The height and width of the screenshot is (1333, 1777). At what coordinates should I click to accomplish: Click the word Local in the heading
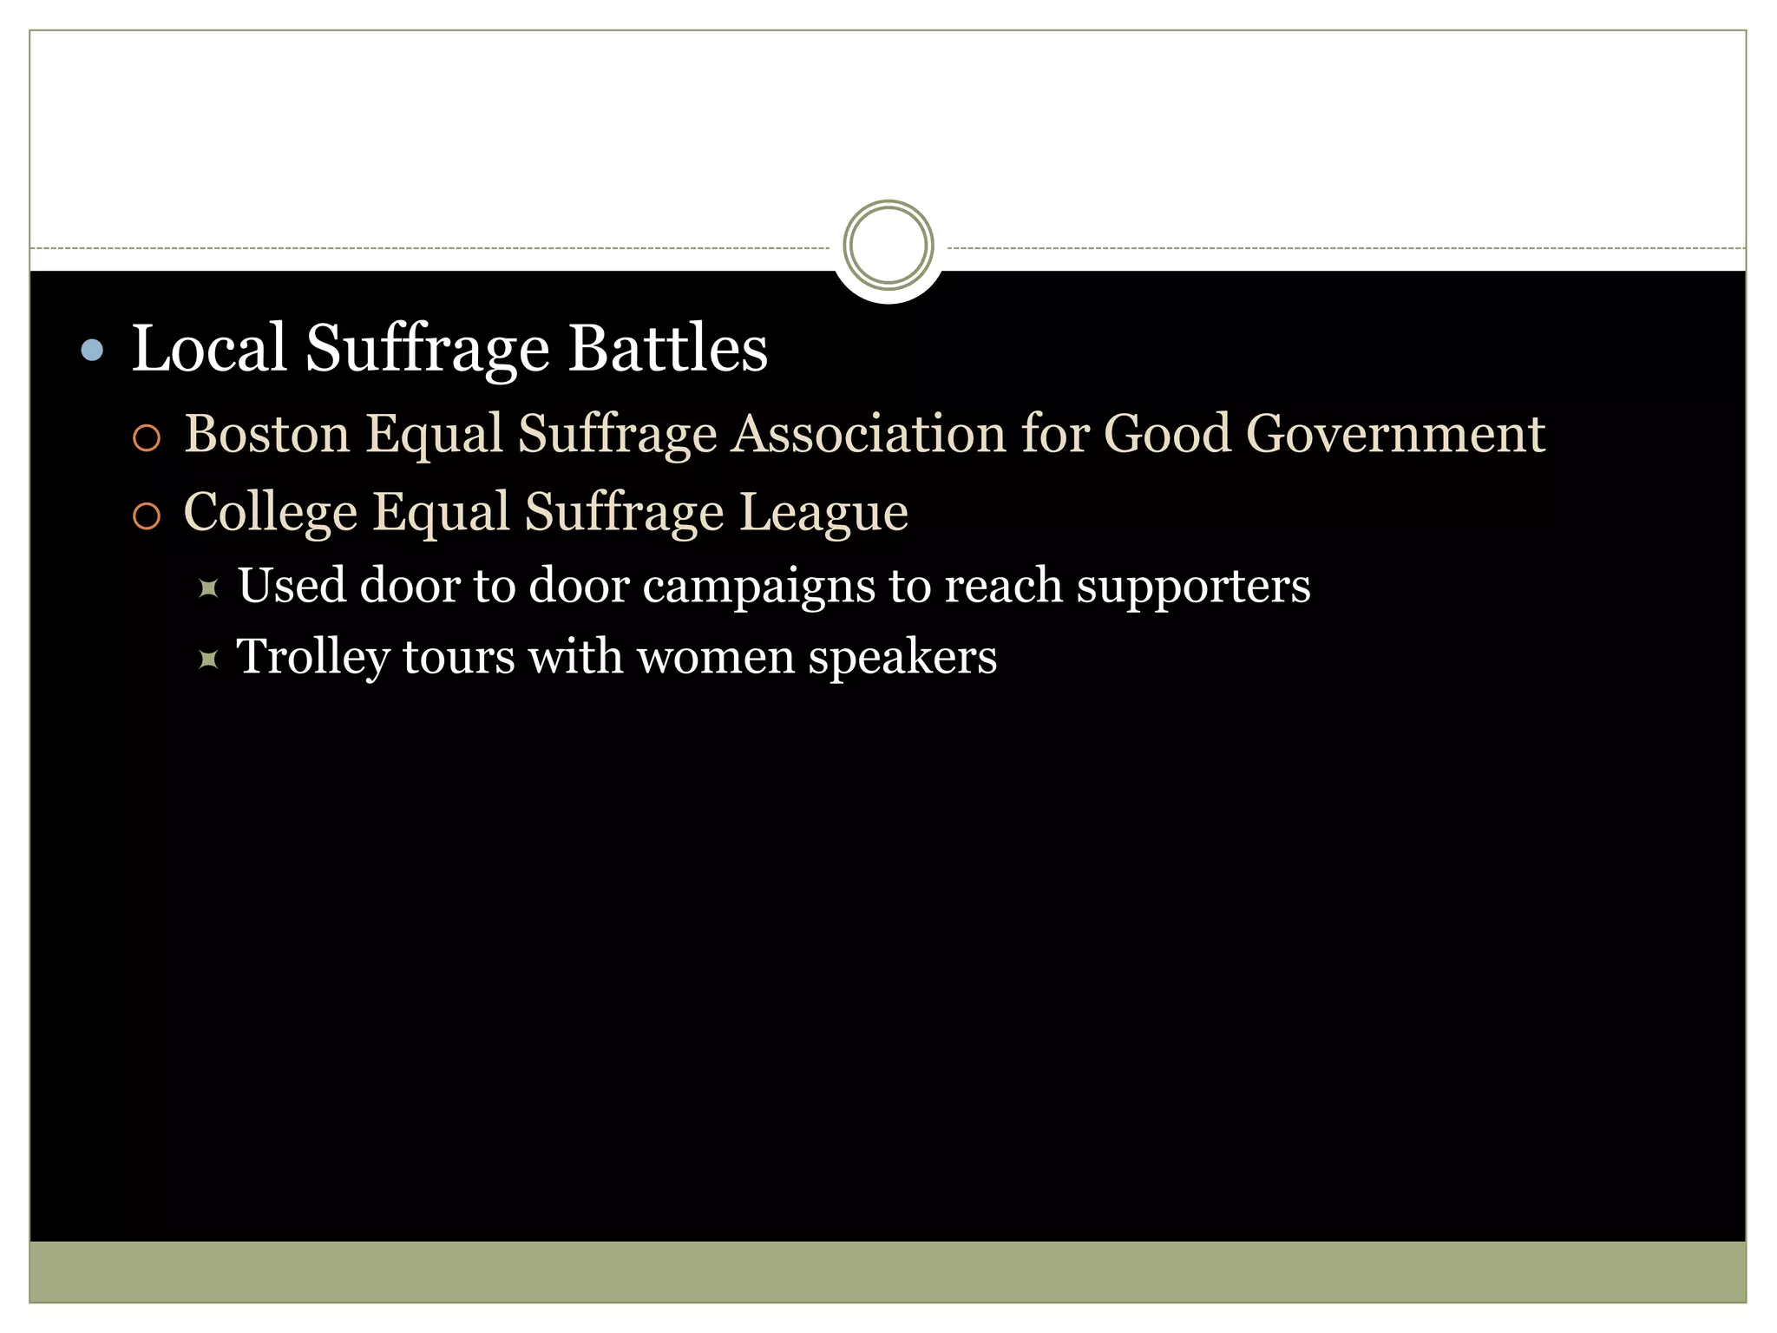point(208,348)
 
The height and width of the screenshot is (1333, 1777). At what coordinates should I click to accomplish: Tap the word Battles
point(667,348)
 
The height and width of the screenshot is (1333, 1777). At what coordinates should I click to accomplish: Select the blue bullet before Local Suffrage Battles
point(92,350)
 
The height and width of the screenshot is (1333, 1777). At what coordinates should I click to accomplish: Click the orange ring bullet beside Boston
point(147,438)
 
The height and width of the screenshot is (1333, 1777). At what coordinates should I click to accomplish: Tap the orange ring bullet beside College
point(147,516)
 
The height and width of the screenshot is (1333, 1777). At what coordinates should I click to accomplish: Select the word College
point(270,512)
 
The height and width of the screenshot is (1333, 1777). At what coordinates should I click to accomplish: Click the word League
point(823,512)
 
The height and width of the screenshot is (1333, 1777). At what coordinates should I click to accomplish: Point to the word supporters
point(1193,587)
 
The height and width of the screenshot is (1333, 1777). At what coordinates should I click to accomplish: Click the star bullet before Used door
point(208,589)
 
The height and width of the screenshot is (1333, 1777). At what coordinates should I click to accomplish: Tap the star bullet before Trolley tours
point(208,660)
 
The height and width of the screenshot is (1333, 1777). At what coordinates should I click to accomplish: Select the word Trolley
point(312,657)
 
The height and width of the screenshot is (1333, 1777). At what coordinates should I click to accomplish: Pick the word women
point(716,657)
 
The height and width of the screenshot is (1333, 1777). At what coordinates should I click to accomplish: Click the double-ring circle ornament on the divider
point(888,245)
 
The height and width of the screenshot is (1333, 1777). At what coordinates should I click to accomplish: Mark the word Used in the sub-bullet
point(292,585)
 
